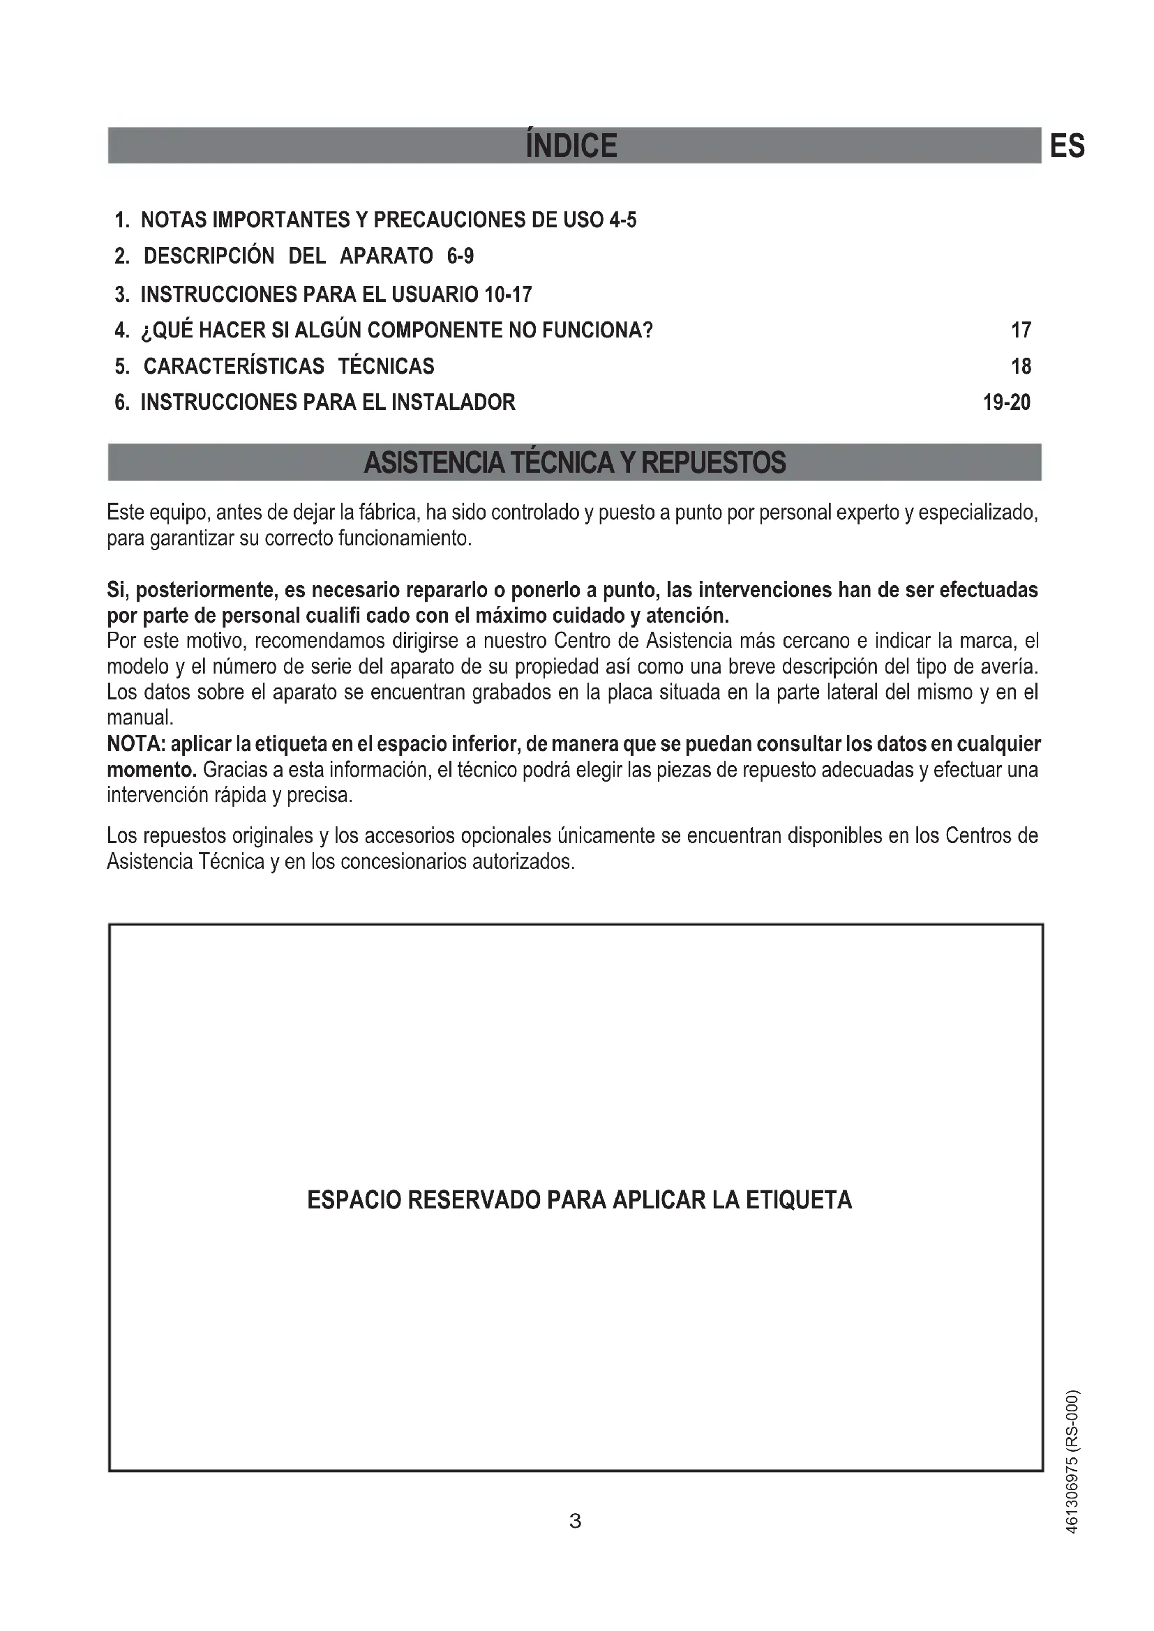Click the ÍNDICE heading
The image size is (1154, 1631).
click(571, 146)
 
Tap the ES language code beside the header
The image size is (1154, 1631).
click(1067, 146)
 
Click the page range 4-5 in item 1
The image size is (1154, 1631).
click(622, 220)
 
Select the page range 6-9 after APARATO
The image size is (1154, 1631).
click(460, 256)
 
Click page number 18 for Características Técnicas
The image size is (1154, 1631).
click(1021, 367)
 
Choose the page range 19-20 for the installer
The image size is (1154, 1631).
click(1006, 403)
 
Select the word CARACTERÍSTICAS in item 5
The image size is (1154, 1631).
click(234, 367)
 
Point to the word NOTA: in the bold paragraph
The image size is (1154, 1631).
click(137, 745)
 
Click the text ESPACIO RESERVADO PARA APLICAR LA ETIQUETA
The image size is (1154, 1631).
click(579, 1200)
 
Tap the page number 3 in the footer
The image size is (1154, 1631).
click(576, 1521)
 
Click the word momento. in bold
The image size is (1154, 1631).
click(151, 770)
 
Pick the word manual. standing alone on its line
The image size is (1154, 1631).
click(140, 718)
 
